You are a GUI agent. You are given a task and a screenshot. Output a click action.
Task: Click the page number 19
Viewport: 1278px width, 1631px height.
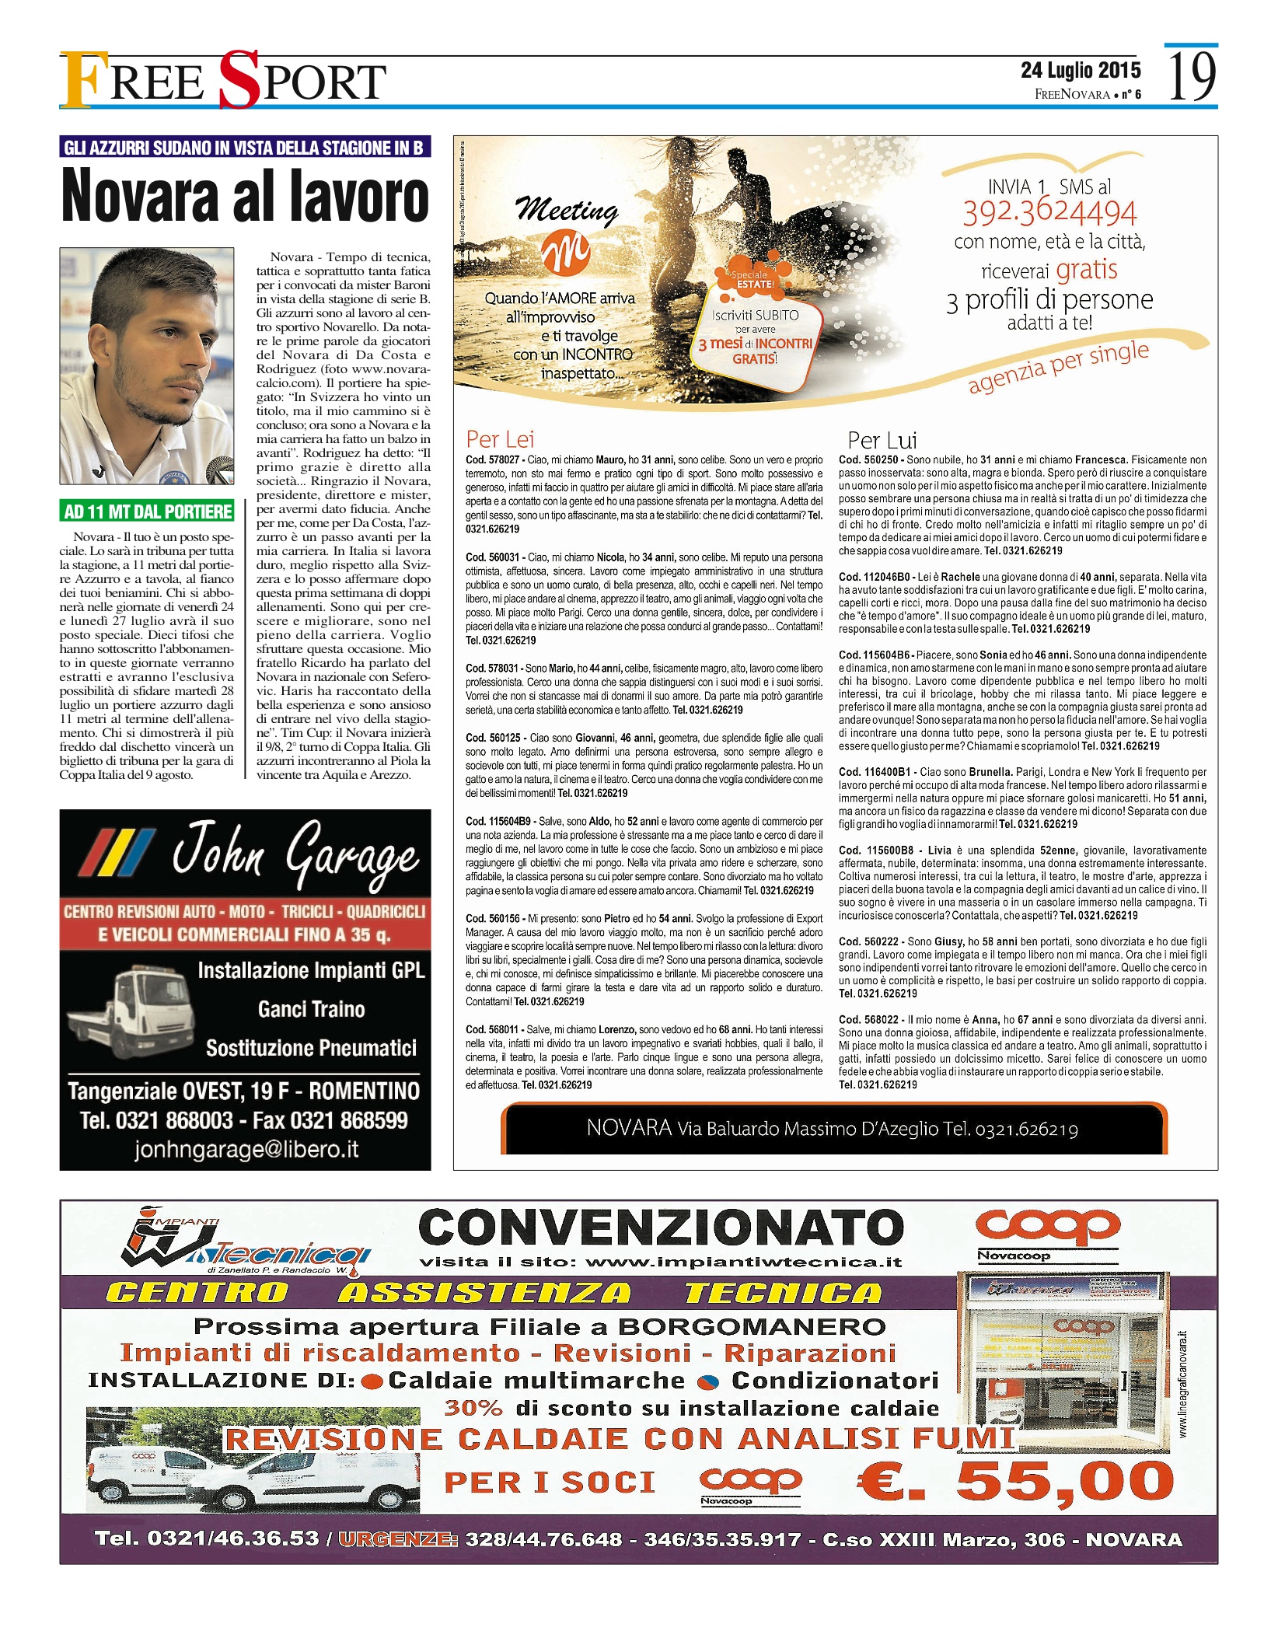pos(1192,76)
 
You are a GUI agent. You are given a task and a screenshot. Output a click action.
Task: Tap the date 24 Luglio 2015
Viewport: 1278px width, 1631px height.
pos(1081,70)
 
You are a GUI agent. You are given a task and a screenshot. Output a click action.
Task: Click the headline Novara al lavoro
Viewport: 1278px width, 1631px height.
pos(245,196)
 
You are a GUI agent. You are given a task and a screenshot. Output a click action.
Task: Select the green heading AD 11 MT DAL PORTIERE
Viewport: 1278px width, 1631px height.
pos(148,511)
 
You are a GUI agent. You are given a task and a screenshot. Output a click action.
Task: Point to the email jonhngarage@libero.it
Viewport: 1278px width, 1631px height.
pos(246,1150)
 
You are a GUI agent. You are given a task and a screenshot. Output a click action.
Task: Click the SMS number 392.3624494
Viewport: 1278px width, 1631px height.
pos(1049,212)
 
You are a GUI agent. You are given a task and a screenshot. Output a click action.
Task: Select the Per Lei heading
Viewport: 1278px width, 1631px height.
pos(500,439)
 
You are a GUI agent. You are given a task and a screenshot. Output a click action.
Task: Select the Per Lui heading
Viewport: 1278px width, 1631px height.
pos(882,440)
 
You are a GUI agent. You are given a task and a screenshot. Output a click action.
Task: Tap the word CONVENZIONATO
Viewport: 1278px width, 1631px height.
pos(661,1228)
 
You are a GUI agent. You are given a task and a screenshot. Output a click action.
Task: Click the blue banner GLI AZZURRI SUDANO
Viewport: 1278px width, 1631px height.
pos(245,148)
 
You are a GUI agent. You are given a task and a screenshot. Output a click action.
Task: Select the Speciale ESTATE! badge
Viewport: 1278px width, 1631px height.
pos(752,280)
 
